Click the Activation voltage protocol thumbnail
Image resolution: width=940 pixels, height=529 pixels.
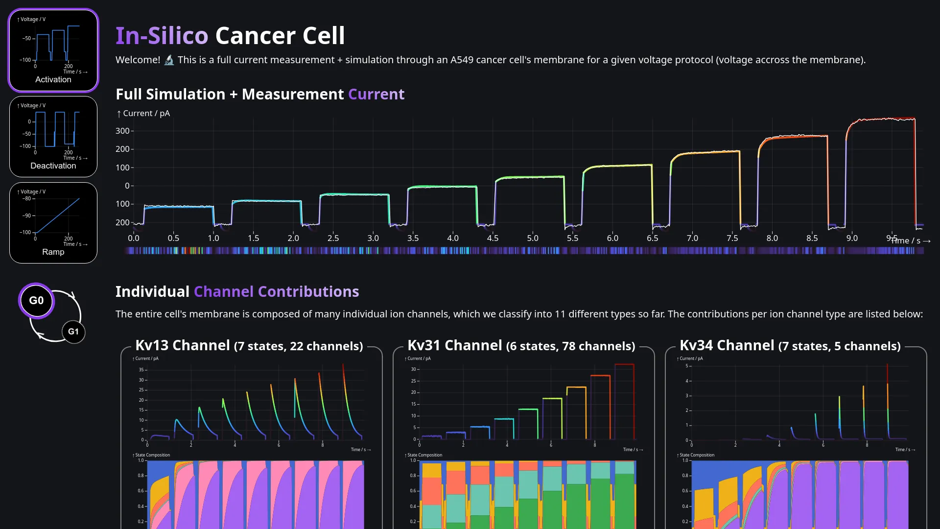pyautogui.click(x=53, y=50)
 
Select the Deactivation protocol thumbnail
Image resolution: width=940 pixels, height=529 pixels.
pyautogui.click(x=53, y=137)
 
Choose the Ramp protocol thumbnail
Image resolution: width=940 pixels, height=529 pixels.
pyautogui.click(x=53, y=223)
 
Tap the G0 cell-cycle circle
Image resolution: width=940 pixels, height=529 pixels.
pyautogui.click(x=36, y=300)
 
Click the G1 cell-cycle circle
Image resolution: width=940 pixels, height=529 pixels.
pyautogui.click(x=73, y=332)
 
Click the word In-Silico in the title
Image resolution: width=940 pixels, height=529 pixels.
pyautogui.click(x=162, y=36)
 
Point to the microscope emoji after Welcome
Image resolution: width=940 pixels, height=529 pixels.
pyautogui.click(x=169, y=60)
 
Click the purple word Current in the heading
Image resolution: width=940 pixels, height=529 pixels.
pyautogui.click(x=376, y=94)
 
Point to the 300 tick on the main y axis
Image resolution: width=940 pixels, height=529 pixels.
pyautogui.click(x=122, y=131)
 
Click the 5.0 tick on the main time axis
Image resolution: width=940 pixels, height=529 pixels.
pyautogui.click(x=533, y=238)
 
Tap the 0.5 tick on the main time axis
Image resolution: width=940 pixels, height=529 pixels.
pyautogui.click(x=173, y=238)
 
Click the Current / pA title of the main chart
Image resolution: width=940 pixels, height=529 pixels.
pyautogui.click(x=143, y=113)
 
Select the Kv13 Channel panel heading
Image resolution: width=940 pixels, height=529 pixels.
pyautogui.click(x=249, y=346)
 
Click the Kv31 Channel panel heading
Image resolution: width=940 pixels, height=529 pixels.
pyautogui.click(x=521, y=346)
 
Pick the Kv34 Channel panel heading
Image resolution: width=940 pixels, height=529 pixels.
pyautogui.click(x=790, y=346)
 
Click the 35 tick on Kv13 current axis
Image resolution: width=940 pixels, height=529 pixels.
pyautogui.click(x=141, y=370)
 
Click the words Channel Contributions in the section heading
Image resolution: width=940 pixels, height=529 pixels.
pyautogui.click(x=276, y=291)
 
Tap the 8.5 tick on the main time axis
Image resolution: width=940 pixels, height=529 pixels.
pyautogui.click(x=812, y=238)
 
